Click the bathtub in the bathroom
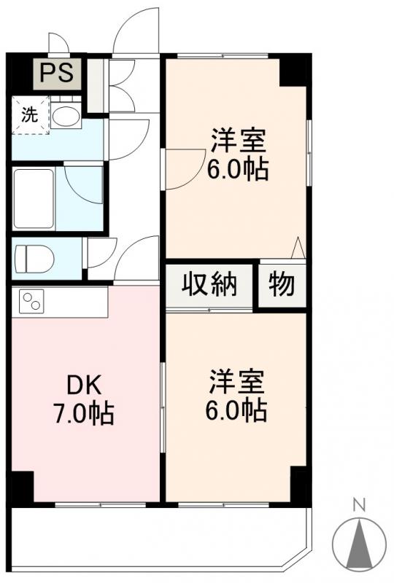(x=34, y=198)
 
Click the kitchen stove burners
(x=32, y=300)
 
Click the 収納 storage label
(x=209, y=285)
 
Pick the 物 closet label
(x=282, y=285)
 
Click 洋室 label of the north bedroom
(x=238, y=139)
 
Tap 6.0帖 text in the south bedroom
(x=238, y=410)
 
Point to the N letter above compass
(x=358, y=504)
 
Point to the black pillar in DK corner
(x=22, y=486)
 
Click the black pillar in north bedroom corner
(x=294, y=71)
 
